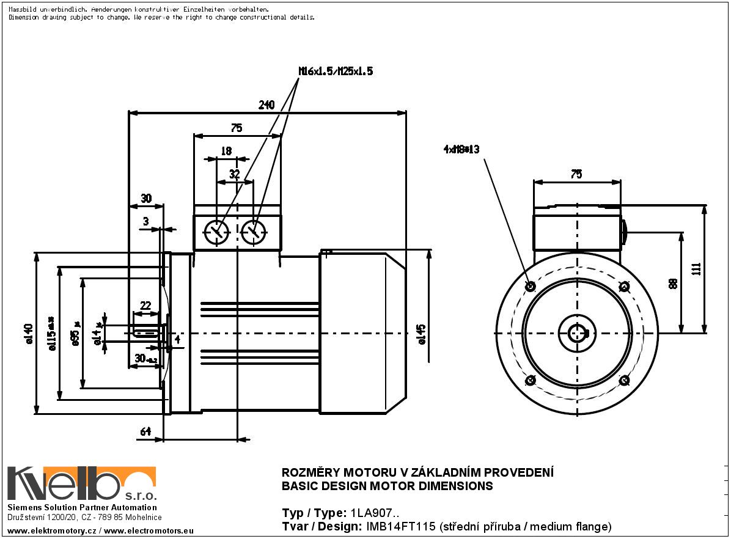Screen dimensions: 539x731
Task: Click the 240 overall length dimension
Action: click(266, 105)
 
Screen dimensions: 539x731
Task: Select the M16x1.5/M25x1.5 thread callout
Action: click(336, 71)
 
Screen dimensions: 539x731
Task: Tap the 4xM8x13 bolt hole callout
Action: click(461, 149)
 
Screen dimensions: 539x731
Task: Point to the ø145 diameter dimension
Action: click(422, 334)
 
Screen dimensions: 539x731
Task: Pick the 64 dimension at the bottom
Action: click(145, 432)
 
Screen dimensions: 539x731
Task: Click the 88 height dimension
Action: click(674, 284)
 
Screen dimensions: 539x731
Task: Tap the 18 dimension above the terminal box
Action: click(226, 151)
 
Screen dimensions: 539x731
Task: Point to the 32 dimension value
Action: click(234, 174)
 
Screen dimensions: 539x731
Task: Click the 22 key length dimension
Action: click(145, 305)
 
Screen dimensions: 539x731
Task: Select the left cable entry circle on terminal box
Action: click(216, 232)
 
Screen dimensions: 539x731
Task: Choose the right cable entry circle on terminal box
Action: click(254, 232)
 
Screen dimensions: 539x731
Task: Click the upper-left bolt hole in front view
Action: click(530, 286)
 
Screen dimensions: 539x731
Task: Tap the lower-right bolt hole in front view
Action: click(624, 381)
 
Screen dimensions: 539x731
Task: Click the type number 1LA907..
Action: click(373, 513)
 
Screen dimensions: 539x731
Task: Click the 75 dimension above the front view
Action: click(576, 174)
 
